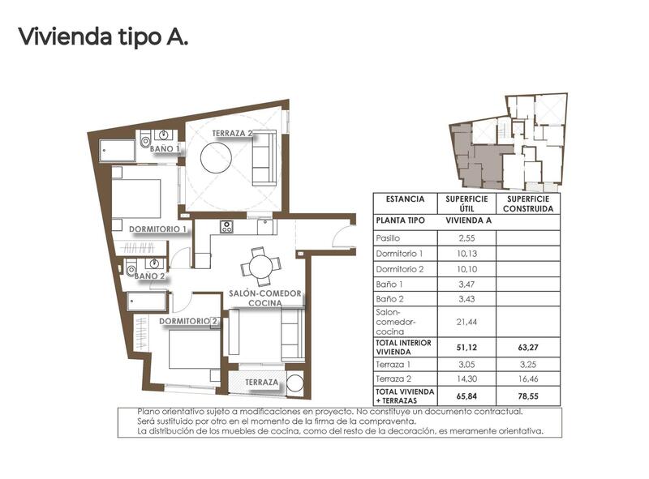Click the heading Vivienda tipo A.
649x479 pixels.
103,37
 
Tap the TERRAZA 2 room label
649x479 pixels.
233,133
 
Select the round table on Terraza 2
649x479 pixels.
220,156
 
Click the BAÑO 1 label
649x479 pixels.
165,149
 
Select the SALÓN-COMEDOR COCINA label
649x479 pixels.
265,297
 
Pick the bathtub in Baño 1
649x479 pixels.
119,150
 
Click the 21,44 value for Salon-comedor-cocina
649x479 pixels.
466,322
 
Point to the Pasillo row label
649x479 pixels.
389,238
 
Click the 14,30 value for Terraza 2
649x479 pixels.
466,378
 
